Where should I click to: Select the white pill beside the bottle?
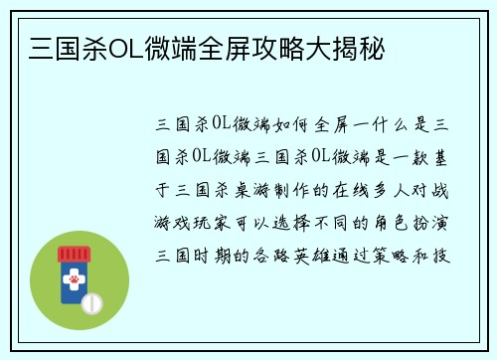(x=92, y=301)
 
